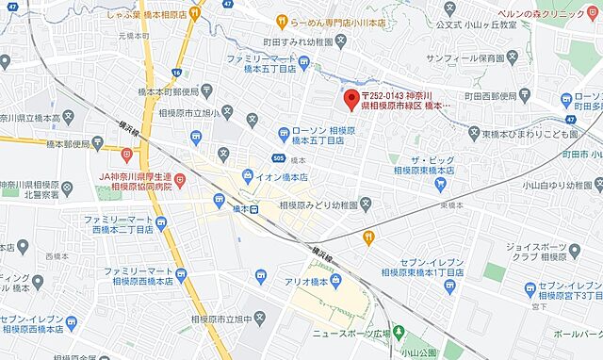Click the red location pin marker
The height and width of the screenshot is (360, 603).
pos(351,98)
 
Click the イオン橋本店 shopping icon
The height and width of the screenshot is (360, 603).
pos(248,175)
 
